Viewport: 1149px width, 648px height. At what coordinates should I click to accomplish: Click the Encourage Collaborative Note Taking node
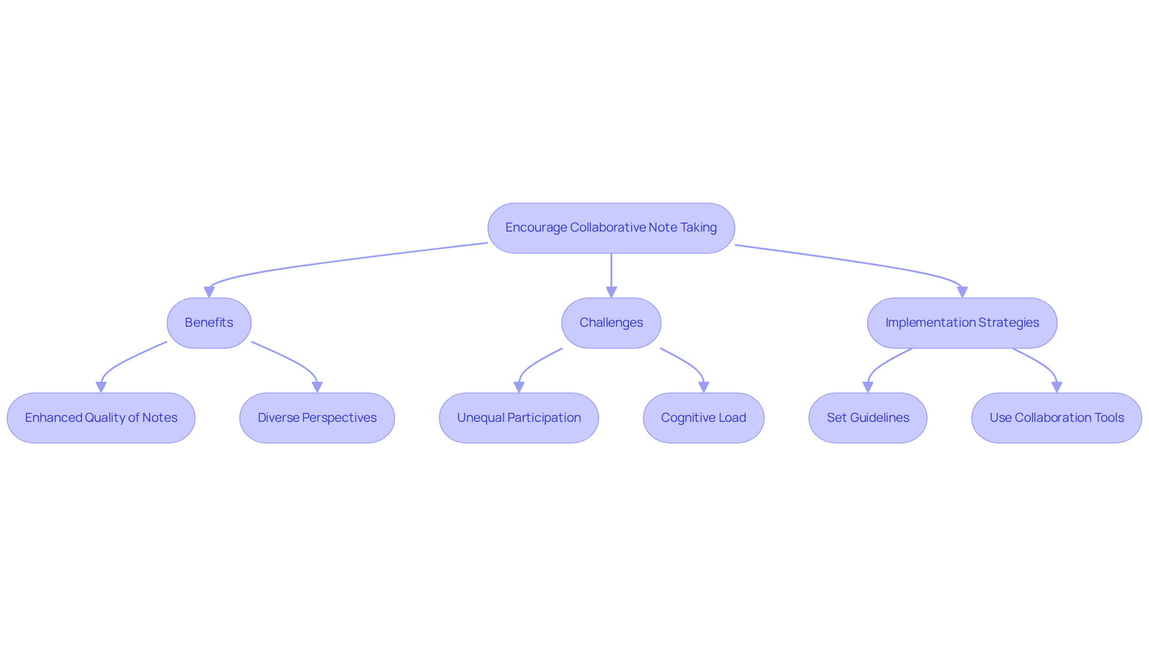click(611, 228)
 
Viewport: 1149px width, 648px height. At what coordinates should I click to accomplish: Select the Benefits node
click(209, 323)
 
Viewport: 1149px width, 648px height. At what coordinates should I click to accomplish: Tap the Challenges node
click(611, 323)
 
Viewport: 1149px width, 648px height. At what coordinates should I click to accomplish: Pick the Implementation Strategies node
click(962, 323)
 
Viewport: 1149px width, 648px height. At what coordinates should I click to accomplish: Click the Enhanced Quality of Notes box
click(101, 418)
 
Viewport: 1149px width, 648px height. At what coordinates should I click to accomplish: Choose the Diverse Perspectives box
click(317, 418)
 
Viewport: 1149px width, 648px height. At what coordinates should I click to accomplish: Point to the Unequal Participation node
click(519, 418)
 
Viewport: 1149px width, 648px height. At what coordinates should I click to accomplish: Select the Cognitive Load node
click(703, 418)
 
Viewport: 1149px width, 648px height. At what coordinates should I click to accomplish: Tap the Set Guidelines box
click(868, 418)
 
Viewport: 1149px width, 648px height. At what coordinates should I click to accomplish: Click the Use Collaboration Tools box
click(1056, 418)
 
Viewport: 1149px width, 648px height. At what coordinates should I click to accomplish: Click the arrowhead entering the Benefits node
click(209, 292)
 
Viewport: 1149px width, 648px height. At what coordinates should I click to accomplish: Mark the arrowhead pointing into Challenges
click(611, 292)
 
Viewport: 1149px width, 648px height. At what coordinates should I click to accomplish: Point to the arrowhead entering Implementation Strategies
click(962, 292)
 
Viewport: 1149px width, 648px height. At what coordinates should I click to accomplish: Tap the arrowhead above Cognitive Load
click(704, 387)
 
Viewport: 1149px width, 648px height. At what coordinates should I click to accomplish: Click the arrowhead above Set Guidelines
click(868, 387)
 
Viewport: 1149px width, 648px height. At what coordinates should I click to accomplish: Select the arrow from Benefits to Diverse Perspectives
click(291, 359)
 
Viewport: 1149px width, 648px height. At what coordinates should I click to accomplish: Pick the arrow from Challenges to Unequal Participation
click(534, 363)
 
